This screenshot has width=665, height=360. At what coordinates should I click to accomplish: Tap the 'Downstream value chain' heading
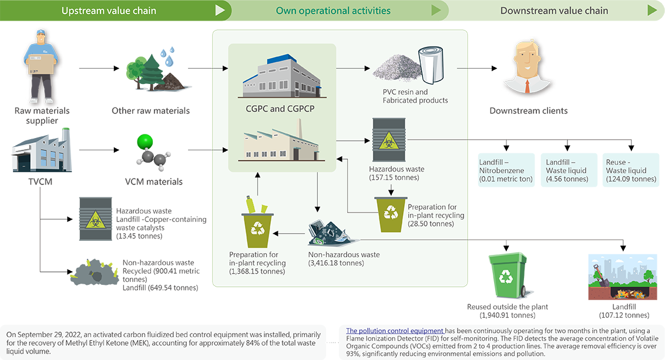tap(554, 11)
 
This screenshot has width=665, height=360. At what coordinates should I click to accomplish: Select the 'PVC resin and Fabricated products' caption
tap(411, 96)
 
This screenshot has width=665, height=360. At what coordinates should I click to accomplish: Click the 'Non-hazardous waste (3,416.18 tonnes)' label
tap(344, 259)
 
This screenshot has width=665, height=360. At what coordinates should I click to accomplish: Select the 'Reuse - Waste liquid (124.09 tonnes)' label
tap(630, 170)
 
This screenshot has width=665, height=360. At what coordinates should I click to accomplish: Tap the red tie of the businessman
tap(527, 86)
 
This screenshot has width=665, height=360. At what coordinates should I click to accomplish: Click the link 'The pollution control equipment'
tap(395, 331)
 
